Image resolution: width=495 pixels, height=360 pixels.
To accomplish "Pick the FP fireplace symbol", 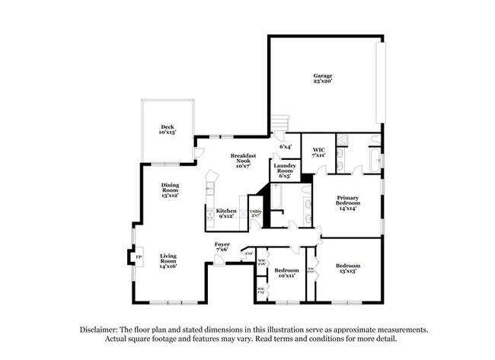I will tap(138, 257).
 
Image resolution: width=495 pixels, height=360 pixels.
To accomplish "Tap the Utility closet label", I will tap(256, 213).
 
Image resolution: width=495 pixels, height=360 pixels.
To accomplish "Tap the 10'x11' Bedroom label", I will tap(286, 272).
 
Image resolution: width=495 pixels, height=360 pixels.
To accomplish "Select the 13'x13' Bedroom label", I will tap(347, 267).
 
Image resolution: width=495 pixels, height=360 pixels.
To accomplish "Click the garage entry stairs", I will tap(281, 125).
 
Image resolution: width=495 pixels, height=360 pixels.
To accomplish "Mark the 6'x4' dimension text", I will tap(286, 146).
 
